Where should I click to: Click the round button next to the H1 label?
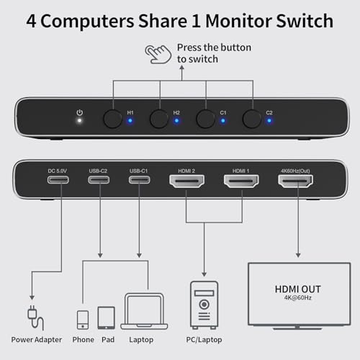112,119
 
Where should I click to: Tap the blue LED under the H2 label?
176,120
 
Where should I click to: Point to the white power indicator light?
79,120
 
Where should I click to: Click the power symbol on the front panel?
80,112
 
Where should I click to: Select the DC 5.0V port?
58,180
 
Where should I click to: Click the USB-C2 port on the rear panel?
99,180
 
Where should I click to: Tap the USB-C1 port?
140,180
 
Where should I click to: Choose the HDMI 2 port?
187,181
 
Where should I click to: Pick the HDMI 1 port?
241,181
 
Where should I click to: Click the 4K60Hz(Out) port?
295,181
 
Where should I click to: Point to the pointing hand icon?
158,54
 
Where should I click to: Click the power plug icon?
35,318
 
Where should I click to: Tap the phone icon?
83,320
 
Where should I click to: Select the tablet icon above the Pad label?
107,318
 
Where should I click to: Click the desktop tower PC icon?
204,305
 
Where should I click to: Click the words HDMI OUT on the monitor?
297,289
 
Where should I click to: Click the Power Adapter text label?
37,340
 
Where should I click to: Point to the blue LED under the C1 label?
223,120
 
